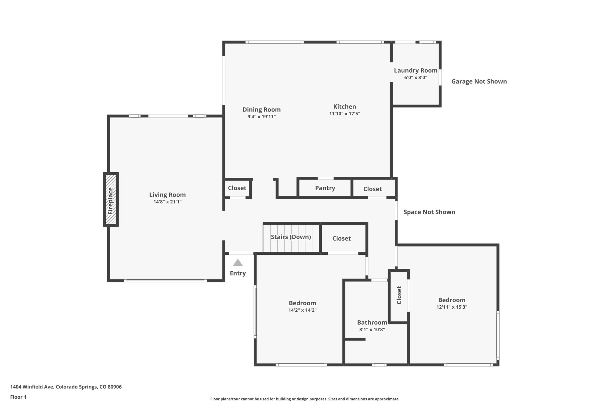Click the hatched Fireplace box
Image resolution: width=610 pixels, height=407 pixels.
pos(111,199)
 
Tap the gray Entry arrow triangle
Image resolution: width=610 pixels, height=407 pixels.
pos(238,263)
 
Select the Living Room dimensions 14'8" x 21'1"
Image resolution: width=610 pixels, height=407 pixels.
pos(167,202)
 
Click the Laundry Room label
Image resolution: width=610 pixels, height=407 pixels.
pos(416,71)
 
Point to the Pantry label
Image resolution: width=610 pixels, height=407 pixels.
pos(325,188)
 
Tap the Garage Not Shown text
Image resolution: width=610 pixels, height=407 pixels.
pos(479,81)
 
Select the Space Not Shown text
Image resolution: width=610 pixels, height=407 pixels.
pos(429,212)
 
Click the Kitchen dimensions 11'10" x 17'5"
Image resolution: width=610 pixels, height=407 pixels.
pos(345,114)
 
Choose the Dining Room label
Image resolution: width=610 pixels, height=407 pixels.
pos(262,109)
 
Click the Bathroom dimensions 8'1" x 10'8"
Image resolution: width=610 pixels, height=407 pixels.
pos(372,330)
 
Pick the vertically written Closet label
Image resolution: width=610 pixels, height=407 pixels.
pos(399,295)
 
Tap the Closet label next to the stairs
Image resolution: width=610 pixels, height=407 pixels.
pos(341,239)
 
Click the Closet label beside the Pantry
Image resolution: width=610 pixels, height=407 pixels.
pos(372,189)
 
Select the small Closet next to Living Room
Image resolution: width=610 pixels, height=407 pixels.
pos(237,188)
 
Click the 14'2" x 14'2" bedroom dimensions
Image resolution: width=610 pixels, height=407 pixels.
pos(302,310)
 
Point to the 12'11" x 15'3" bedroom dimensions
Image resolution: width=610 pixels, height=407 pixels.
pos(452,307)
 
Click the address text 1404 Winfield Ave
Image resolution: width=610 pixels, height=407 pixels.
pos(66,387)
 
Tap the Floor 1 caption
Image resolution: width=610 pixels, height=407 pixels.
pos(18,397)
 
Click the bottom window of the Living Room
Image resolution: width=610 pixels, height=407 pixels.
pos(165,281)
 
